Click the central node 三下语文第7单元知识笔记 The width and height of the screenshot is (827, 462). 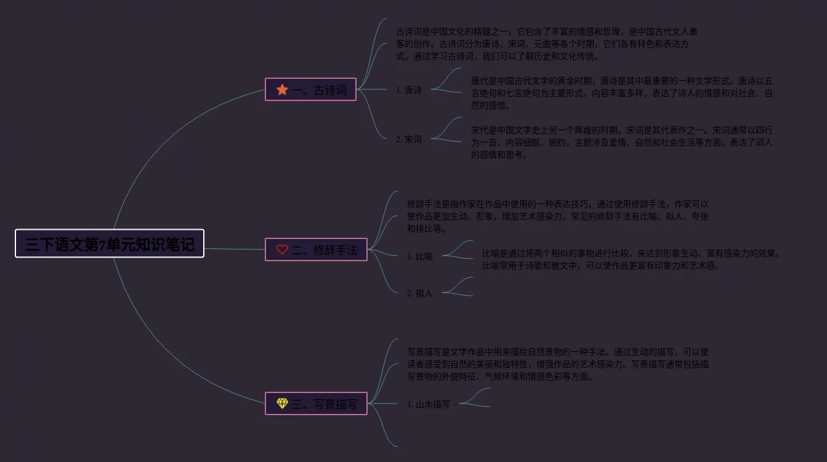point(110,244)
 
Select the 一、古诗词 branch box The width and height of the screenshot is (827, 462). point(310,90)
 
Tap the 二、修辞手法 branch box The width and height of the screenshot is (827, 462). point(316,249)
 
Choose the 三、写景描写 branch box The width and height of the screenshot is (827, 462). point(316,403)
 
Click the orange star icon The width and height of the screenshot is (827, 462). point(282,90)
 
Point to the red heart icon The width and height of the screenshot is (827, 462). point(282,249)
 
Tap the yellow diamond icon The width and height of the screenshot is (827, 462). point(282,403)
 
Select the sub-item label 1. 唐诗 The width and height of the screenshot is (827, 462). point(409,90)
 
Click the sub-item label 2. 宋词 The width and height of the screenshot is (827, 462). point(409,139)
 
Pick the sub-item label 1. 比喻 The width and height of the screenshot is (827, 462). point(420,256)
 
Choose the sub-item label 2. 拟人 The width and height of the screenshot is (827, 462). point(420,293)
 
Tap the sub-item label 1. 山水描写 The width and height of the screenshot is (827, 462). point(429,404)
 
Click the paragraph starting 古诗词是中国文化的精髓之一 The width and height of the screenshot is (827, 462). point(547,44)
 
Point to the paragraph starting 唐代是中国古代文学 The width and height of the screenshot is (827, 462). point(622,93)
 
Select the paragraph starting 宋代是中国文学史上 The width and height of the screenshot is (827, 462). point(622,142)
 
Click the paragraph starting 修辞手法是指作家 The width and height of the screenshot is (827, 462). point(558,216)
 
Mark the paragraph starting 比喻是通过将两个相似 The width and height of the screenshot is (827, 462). point(631,259)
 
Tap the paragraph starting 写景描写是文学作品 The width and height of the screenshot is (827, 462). point(558,364)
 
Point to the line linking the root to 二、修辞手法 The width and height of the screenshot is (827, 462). point(234,249)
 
